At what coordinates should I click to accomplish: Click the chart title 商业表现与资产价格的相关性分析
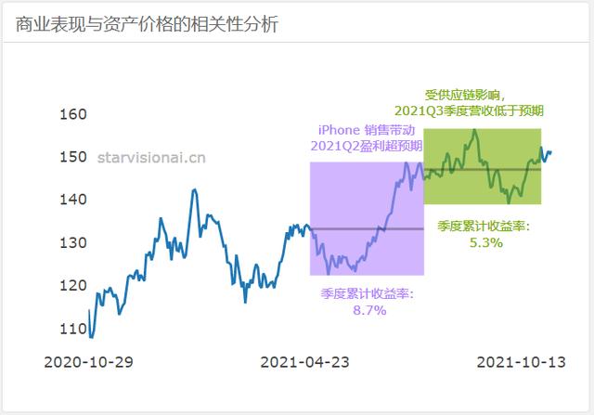(147, 24)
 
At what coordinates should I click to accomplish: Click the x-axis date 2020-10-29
(89, 361)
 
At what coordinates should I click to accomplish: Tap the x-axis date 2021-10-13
(520, 361)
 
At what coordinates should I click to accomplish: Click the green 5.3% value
(485, 242)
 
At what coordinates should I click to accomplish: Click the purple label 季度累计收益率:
(368, 293)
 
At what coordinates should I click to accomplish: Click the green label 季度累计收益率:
(484, 226)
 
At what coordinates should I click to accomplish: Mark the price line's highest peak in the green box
(474, 130)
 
